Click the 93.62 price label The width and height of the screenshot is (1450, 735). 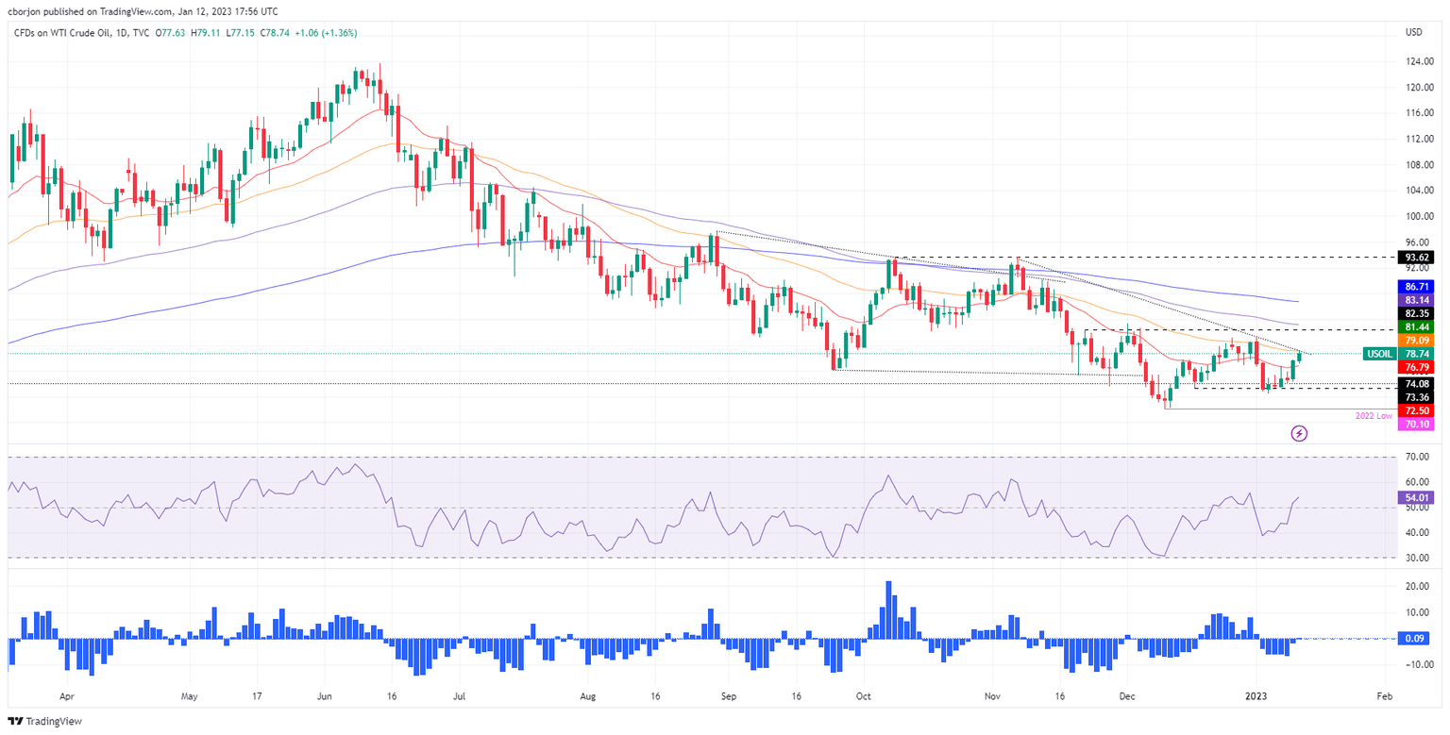1419,257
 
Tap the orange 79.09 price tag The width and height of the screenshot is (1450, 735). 1419,340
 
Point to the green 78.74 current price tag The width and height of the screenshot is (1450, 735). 1419,354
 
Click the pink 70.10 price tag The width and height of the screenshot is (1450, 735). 1419,425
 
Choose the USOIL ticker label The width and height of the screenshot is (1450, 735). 1379,354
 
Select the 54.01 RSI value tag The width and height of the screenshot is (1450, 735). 1419,496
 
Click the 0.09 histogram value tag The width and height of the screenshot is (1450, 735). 1419,639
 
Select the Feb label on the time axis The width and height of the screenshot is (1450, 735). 1384,696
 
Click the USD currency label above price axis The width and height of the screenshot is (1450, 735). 1413,32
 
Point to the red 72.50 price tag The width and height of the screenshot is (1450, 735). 1419,410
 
